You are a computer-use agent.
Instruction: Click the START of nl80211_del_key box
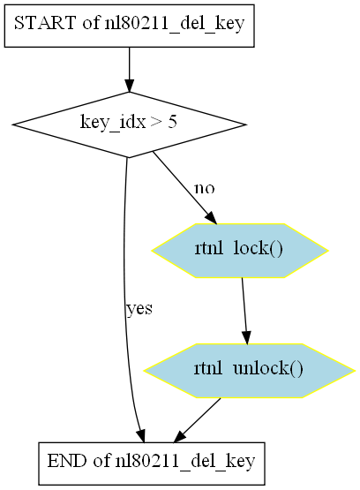pos(129,26)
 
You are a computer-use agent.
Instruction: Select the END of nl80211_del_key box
pos(152,464)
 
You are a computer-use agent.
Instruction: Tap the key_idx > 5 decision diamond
pos(129,124)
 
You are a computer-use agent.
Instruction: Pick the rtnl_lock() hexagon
pos(240,251)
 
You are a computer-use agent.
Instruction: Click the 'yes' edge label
pos(139,309)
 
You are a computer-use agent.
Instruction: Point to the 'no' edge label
pos(205,188)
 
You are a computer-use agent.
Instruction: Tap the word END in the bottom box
pos(67,461)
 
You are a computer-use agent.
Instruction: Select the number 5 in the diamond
pos(172,122)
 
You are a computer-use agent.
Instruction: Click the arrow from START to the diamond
pos(129,70)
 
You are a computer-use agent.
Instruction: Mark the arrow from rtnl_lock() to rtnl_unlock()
pos(244,311)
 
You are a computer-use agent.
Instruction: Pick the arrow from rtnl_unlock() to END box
pos(197,420)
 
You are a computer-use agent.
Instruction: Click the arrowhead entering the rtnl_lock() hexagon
pos(211,217)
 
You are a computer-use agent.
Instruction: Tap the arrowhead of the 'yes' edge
pos(140,435)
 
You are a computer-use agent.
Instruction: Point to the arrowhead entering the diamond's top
pos(129,86)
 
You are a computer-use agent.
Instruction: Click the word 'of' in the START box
pos(91,23)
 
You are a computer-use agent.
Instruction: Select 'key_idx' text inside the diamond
pos(113,122)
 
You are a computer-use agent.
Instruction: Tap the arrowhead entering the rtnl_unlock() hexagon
pos(247,338)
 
